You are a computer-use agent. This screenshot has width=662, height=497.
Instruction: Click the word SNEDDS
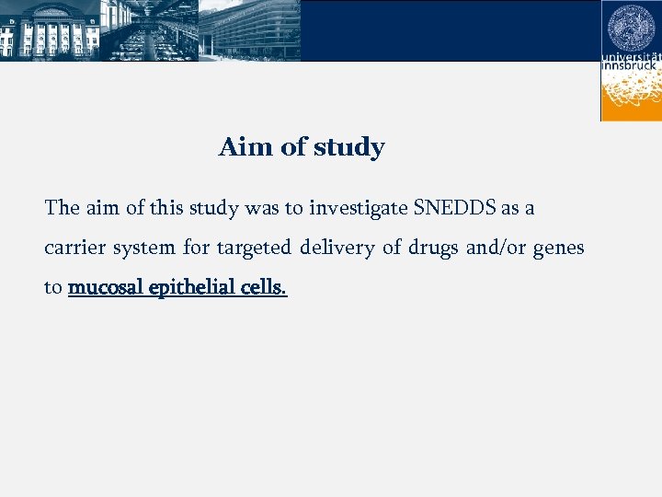coord(454,208)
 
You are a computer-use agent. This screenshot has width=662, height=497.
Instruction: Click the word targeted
coord(253,248)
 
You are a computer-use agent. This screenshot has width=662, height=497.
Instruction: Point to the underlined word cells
coord(265,287)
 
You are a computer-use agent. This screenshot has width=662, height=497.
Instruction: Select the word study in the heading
coord(349,148)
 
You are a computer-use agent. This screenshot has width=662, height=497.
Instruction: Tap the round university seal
coord(632,27)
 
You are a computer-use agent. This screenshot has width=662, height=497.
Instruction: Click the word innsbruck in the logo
coord(632,66)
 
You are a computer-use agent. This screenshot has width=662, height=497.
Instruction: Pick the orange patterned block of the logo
coord(632,96)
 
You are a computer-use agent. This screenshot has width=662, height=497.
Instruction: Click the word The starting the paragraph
coord(63,208)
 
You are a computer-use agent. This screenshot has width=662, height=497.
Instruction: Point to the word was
coord(262,208)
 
